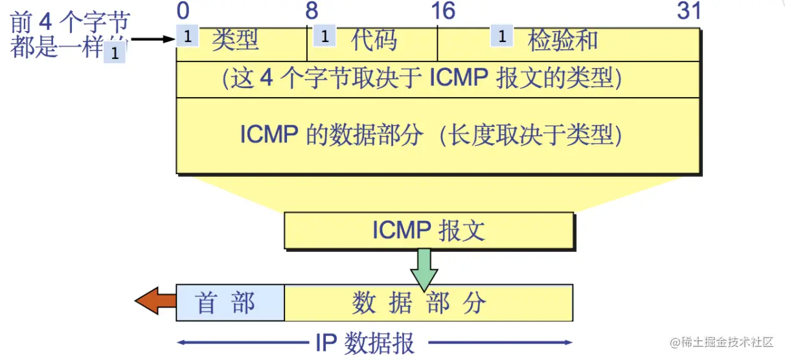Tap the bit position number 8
point(312,11)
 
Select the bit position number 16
point(443,11)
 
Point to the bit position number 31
point(688,11)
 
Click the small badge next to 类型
point(187,36)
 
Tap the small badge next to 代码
point(324,36)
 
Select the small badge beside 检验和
point(501,36)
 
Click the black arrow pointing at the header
point(153,39)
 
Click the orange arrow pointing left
point(155,301)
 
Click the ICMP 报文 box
point(429,231)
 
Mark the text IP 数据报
point(365,343)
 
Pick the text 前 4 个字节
point(70,23)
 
